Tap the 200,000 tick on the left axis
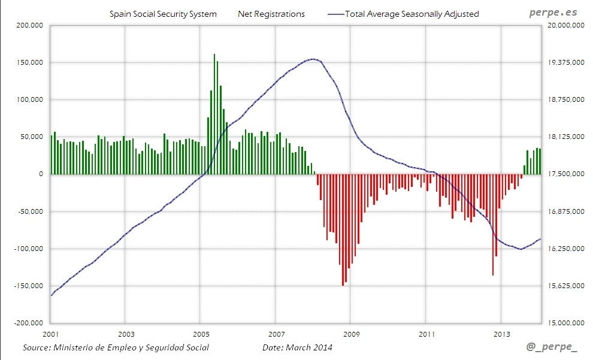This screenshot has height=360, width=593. tap(30, 25)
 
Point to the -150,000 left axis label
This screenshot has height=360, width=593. tap(29, 286)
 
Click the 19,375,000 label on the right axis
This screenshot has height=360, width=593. tap(565, 62)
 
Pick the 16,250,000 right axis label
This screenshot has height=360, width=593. tap(565, 249)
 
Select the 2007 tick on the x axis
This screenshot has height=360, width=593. tap(276, 333)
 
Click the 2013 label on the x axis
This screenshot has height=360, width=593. tap(501, 333)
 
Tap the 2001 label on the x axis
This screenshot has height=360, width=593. tap(51, 333)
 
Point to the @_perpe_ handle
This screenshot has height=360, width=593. tap(552, 347)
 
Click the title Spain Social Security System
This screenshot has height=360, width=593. tap(163, 14)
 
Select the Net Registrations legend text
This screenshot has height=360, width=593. tap(271, 14)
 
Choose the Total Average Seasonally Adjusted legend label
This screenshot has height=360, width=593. tap(412, 14)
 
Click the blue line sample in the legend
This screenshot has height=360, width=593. tap(336, 14)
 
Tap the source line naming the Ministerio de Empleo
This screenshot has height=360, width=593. tap(116, 347)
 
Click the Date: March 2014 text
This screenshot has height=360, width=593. tap(297, 347)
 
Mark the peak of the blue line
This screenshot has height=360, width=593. tap(313, 59)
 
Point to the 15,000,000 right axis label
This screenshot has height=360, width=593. tap(565, 323)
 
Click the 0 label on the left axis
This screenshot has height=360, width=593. tap(41, 174)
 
